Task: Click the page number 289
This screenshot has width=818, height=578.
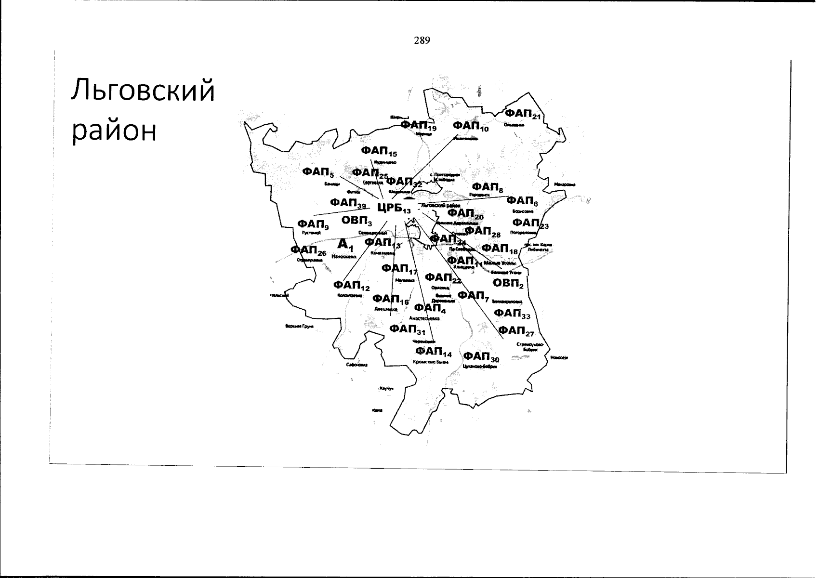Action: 421,40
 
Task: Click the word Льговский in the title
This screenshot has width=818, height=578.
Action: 143,91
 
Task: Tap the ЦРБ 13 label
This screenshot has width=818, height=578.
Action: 394,208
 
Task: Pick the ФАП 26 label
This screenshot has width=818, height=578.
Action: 308,250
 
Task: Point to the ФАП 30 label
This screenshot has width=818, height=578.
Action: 481,357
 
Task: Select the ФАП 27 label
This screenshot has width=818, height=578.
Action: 516,331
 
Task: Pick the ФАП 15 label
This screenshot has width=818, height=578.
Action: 379,152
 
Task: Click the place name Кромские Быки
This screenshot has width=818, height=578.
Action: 431,361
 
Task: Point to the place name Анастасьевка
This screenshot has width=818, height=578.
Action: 424,318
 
